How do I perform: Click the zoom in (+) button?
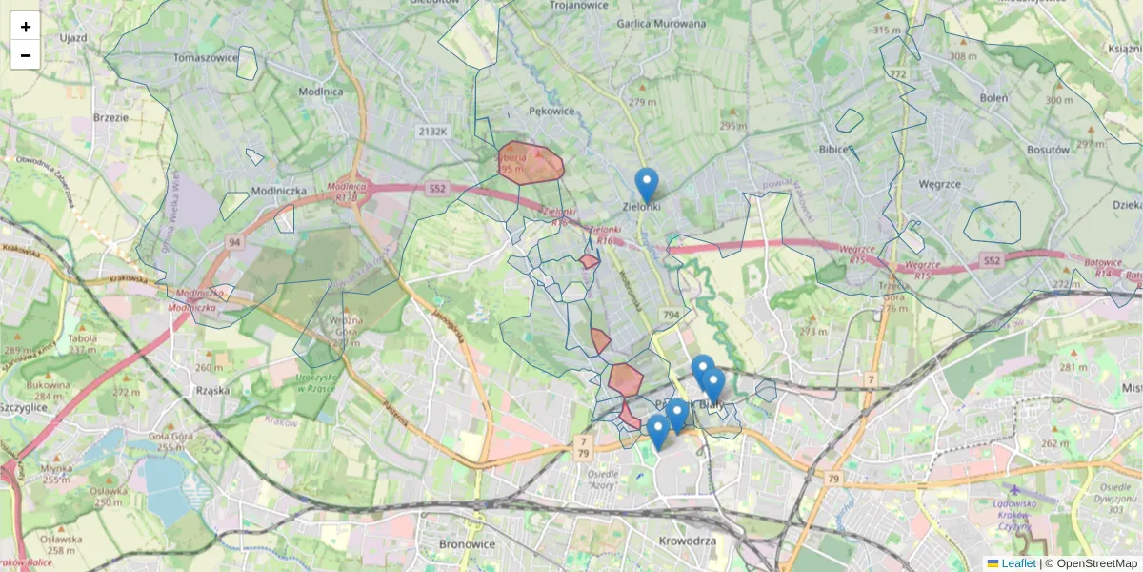point(26,26)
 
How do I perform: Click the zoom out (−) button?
point(26,55)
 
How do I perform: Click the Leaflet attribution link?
point(1018,563)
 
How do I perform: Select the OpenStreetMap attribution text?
point(1096,563)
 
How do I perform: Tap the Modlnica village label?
point(320,92)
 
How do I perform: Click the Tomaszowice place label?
point(206,57)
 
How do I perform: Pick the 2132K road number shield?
point(431,132)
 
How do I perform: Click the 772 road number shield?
point(898,73)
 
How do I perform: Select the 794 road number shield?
point(672,315)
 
